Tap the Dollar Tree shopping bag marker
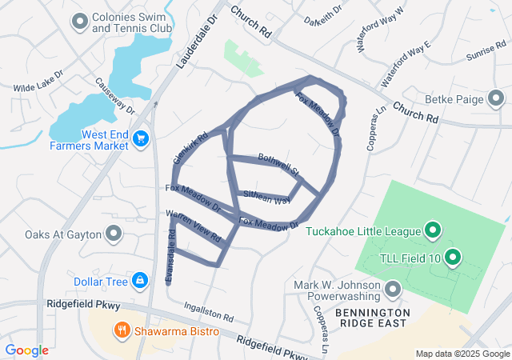point(140,281)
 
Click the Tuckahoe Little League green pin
point(433,232)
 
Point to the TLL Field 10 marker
point(452,258)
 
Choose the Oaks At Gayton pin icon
point(114,234)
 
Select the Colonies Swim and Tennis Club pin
point(79,22)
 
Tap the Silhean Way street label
point(267,197)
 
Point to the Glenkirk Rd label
point(190,147)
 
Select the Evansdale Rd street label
point(170,255)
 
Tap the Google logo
point(26,350)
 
